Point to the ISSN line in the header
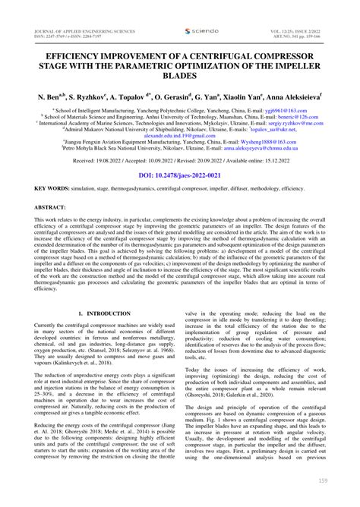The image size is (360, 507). tap(65, 14)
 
